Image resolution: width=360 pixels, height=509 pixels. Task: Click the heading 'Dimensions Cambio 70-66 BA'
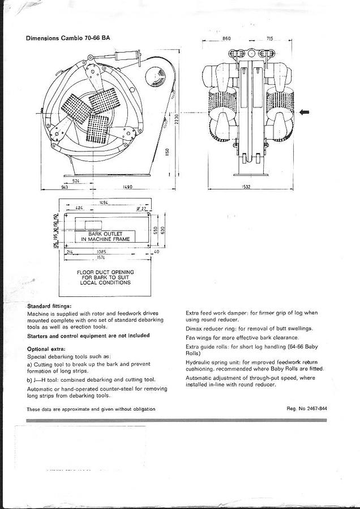pyautogui.click(x=68, y=38)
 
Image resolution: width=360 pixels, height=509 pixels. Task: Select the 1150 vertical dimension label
pyautogui.click(x=168, y=153)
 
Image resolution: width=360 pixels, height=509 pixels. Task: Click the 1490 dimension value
pyautogui.click(x=126, y=187)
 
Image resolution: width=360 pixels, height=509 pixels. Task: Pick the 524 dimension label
pyautogui.click(x=75, y=181)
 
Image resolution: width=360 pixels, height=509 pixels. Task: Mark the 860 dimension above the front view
pyautogui.click(x=226, y=38)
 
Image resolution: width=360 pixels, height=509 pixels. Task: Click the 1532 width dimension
pyautogui.click(x=246, y=187)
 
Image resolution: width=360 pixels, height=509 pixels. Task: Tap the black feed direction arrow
pyautogui.click(x=305, y=113)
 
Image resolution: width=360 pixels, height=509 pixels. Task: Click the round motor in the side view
pyautogui.click(x=153, y=75)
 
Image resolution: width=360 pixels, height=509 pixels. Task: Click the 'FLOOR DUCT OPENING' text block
pyautogui.click(x=105, y=277)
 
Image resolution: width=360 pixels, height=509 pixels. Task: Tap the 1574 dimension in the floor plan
pyautogui.click(x=102, y=257)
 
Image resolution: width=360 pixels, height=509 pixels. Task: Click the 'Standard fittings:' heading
pyautogui.click(x=49, y=306)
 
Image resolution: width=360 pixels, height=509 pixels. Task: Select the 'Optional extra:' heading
pyautogui.click(x=46, y=348)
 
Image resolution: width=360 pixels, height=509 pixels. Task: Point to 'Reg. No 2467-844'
pyautogui.click(x=307, y=408)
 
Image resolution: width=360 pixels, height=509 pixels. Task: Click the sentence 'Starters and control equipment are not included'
pyautogui.click(x=88, y=335)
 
